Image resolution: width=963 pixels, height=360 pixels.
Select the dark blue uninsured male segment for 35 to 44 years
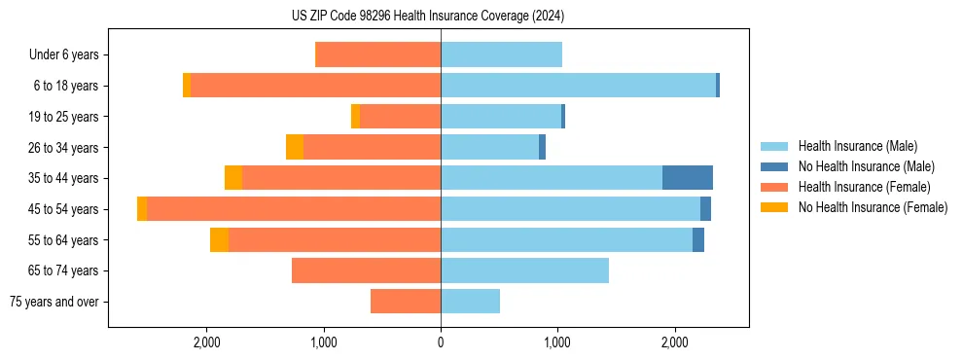tap(687, 178)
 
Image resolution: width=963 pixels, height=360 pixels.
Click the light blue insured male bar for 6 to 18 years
tap(578, 86)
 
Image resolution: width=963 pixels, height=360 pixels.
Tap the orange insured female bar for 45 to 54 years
tap(294, 209)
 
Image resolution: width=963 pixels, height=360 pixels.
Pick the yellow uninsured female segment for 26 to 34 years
tap(295, 147)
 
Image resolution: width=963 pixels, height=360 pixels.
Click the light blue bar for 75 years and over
tap(470, 302)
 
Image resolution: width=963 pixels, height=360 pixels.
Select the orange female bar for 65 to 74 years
tap(366, 270)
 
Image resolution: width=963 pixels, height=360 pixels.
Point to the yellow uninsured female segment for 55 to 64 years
tap(219, 240)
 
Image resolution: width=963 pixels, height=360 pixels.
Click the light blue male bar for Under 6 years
tap(501, 54)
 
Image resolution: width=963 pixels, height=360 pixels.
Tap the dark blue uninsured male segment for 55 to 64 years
tap(698, 240)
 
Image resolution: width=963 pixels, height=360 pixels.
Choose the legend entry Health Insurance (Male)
tap(856, 146)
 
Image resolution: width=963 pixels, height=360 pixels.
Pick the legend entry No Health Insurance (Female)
tap(872, 207)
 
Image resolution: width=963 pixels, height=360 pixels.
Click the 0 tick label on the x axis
tap(441, 342)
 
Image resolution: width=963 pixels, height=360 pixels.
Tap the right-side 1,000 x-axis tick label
tap(557, 342)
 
